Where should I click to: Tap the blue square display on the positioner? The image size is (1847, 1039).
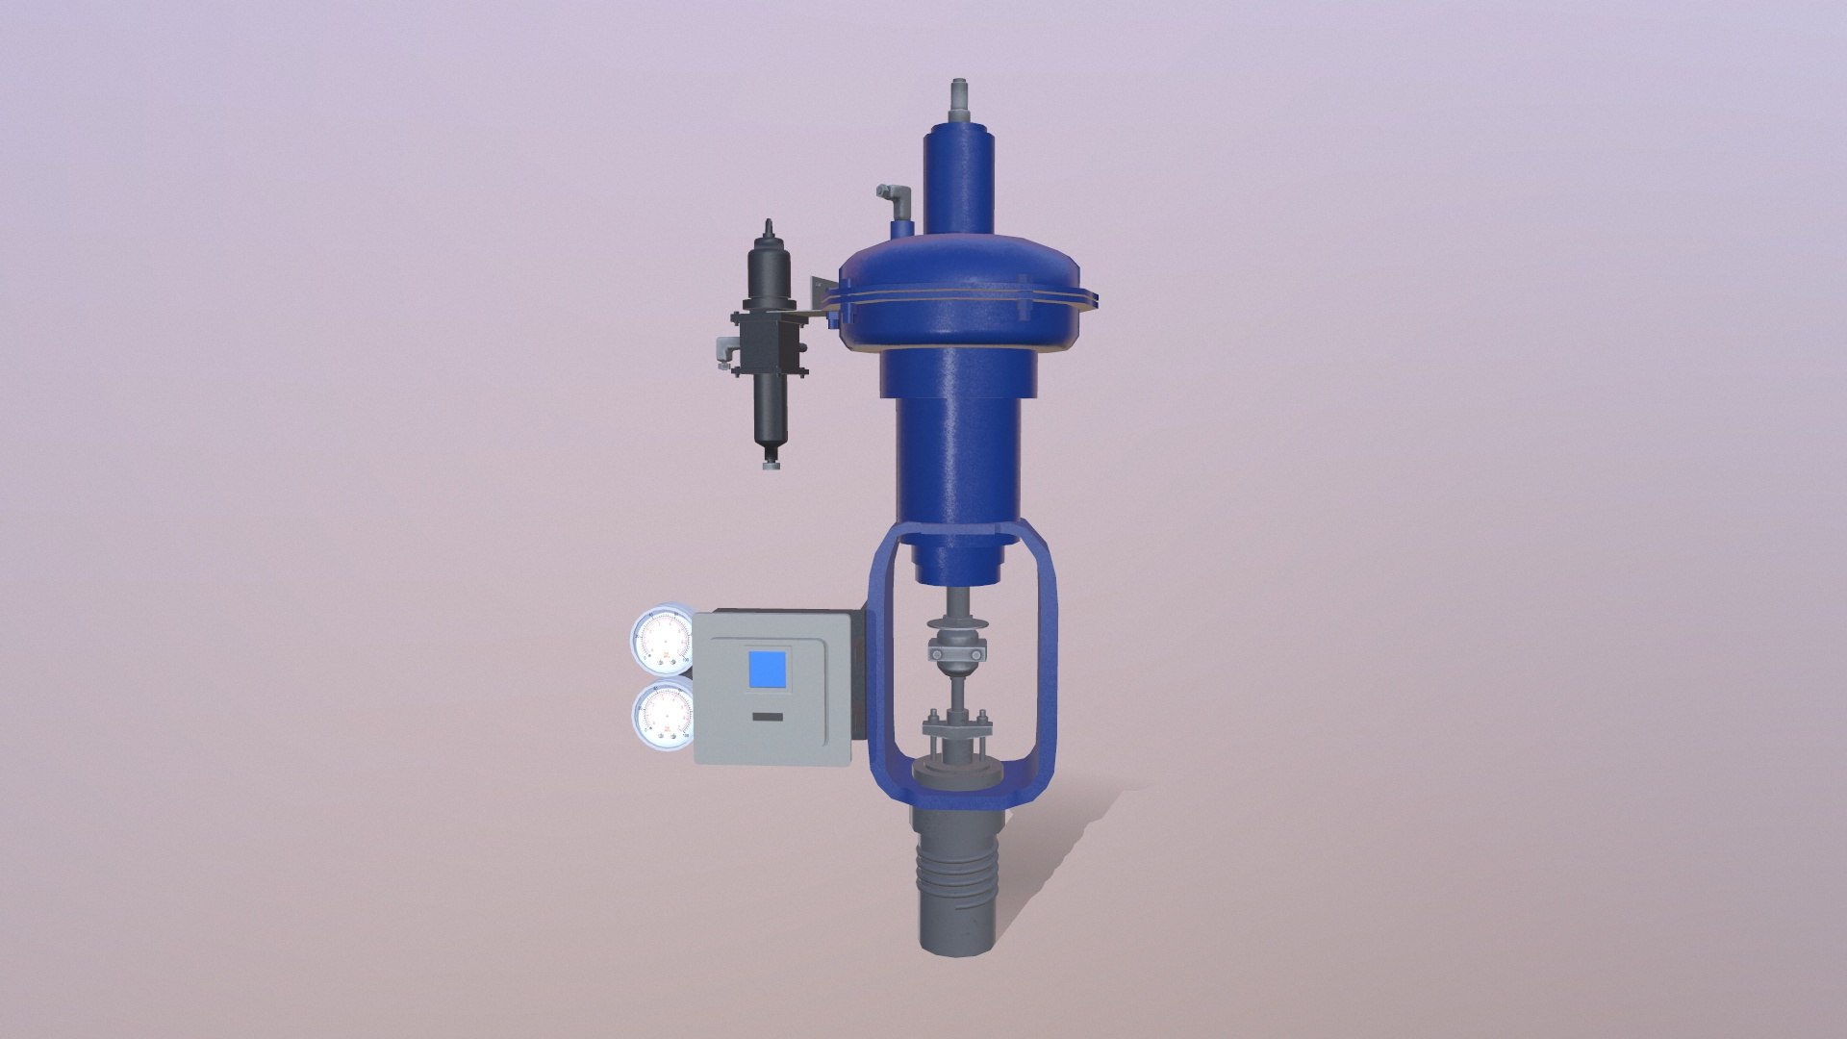pos(767,670)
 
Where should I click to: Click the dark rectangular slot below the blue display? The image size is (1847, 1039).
pos(767,717)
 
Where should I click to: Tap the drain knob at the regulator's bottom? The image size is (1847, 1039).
pos(772,466)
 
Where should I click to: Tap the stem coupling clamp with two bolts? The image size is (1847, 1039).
pos(957,654)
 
